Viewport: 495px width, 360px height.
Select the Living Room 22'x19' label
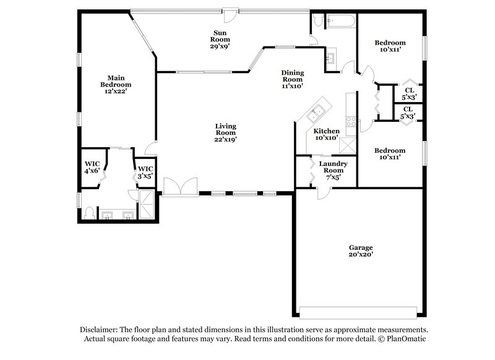coord(226,133)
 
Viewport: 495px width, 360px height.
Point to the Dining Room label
coord(292,79)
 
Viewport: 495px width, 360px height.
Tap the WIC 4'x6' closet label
coord(92,167)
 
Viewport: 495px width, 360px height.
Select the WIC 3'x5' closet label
coord(145,172)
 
